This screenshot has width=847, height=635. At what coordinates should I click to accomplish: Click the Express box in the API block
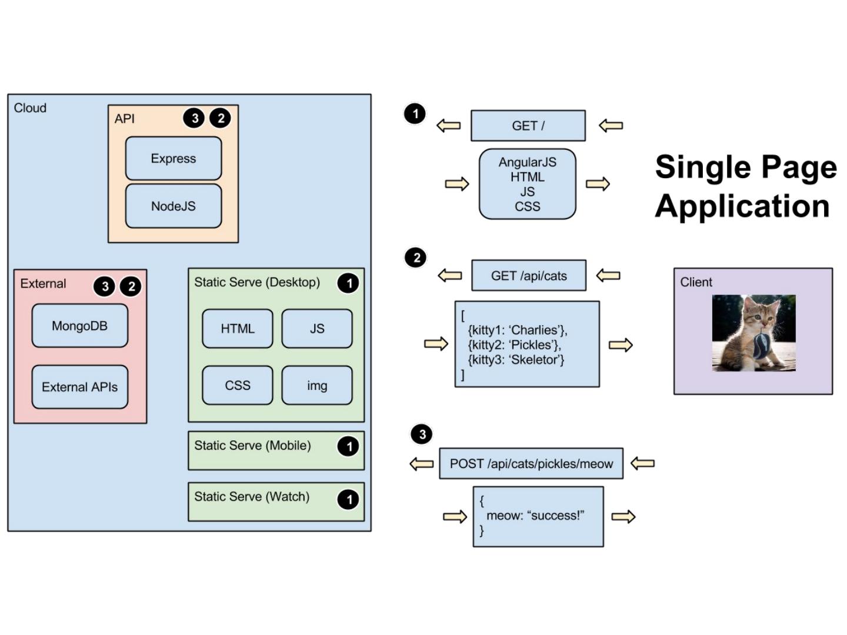tap(174, 158)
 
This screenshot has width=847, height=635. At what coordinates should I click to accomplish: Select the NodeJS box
tap(174, 206)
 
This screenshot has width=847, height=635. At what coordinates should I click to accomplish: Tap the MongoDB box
tap(80, 326)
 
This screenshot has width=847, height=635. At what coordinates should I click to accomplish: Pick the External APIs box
tap(80, 387)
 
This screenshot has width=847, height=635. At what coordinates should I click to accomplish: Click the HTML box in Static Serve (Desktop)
tap(238, 329)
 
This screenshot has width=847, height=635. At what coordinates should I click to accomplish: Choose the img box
tap(317, 386)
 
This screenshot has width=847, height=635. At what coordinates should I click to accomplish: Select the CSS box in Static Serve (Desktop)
tap(238, 386)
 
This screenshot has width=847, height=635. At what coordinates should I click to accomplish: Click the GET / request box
tap(528, 126)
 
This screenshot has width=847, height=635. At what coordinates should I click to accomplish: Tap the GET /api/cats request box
tap(529, 276)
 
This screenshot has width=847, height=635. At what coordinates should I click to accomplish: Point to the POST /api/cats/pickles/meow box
tap(531, 463)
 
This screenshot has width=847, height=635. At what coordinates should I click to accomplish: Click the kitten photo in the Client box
tap(753, 333)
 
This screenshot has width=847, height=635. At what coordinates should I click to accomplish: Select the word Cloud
tap(30, 108)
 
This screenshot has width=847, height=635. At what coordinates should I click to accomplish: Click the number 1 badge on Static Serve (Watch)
tap(348, 500)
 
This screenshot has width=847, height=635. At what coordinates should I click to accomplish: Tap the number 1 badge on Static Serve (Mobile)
tap(348, 446)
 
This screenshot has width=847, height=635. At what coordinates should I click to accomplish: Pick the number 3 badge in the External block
tap(105, 286)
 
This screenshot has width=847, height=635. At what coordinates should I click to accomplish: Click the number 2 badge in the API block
tap(221, 118)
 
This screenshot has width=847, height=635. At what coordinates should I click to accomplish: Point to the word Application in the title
tap(742, 206)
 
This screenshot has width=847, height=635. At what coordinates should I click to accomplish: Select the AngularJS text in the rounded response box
tap(528, 162)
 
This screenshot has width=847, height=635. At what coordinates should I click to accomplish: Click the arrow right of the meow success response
tap(623, 517)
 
